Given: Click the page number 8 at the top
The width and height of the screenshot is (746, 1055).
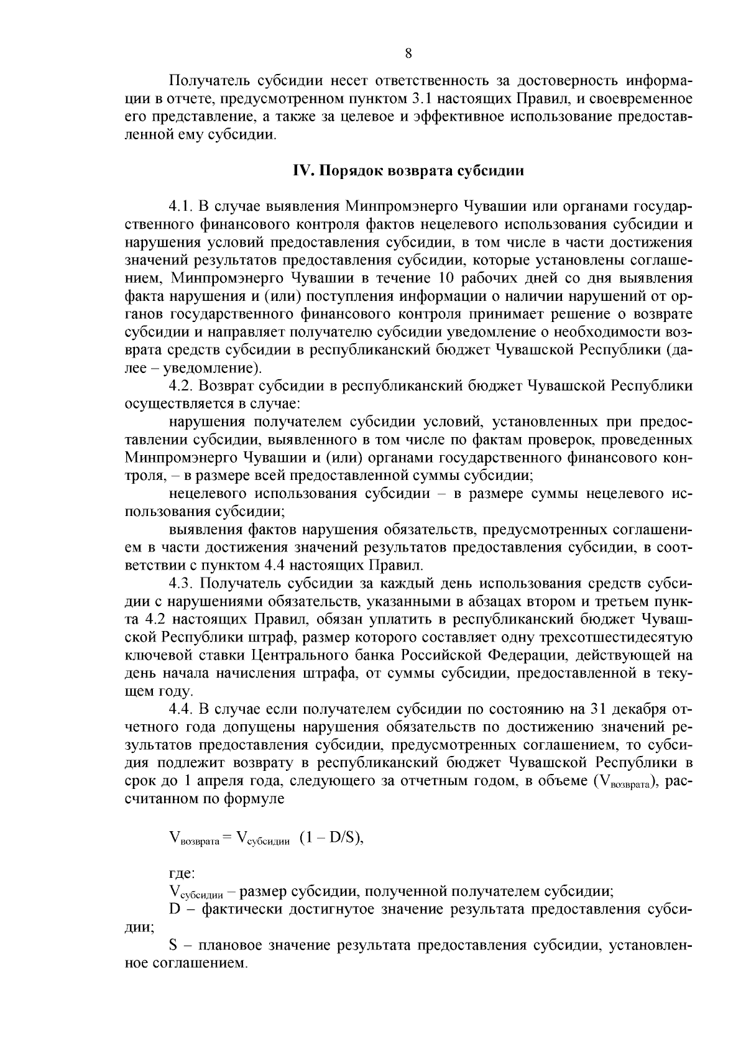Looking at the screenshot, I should [408, 53].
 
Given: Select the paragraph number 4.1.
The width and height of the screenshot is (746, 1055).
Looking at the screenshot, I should [180, 206].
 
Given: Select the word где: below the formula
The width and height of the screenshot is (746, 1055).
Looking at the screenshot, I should [182, 874].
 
